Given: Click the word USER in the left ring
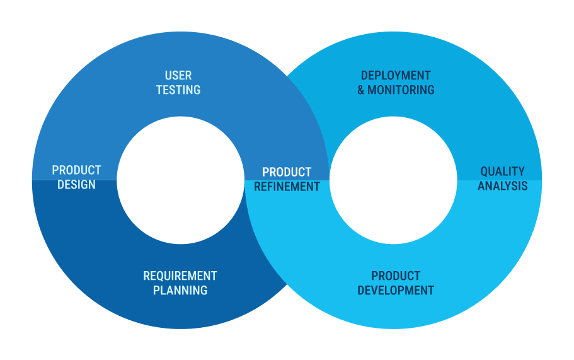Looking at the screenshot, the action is (x=178, y=76).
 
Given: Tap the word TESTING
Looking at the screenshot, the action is (x=178, y=90).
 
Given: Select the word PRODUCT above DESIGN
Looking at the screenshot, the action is (x=76, y=170).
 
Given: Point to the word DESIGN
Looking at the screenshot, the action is (x=76, y=185).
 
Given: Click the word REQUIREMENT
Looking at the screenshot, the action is (x=180, y=276).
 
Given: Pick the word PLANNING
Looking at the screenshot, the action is (x=180, y=291).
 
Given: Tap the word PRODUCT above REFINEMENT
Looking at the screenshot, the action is (x=287, y=172).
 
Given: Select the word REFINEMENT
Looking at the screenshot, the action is (x=287, y=187).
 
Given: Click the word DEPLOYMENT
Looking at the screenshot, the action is (x=396, y=76).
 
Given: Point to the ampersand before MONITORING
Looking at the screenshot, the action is (x=361, y=90).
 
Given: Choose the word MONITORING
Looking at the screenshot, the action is (x=401, y=90).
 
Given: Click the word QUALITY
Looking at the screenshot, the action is (x=503, y=171).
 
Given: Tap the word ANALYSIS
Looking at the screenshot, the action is (x=503, y=186).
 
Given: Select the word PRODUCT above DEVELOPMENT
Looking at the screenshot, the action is (x=396, y=276).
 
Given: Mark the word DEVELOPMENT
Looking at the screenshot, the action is (x=396, y=291).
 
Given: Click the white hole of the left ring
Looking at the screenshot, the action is (x=180, y=180).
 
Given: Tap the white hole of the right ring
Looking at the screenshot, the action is (x=394, y=180).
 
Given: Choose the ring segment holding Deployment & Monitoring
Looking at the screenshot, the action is (x=457, y=91).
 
